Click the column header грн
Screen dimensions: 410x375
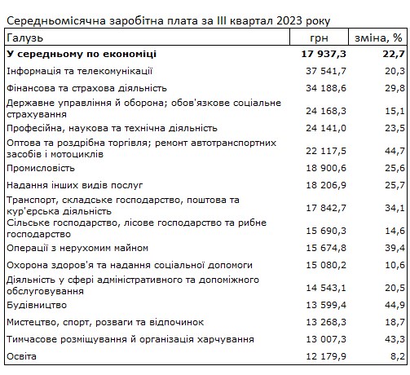[320, 37]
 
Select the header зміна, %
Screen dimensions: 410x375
[379, 37]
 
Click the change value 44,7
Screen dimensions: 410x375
[394, 148]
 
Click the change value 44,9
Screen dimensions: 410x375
[394, 304]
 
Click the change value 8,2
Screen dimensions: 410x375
[396, 356]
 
